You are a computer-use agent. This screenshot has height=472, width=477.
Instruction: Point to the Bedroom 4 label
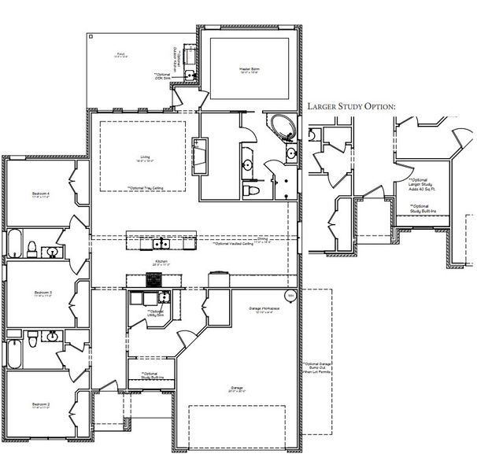[41, 194]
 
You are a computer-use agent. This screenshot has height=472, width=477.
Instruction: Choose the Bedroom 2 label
[41, 406]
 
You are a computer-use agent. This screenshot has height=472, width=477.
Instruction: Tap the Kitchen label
[160, 262]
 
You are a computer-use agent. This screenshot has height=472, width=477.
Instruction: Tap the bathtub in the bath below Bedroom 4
[17, 244]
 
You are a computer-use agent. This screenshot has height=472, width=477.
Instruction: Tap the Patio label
[120, 55]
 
